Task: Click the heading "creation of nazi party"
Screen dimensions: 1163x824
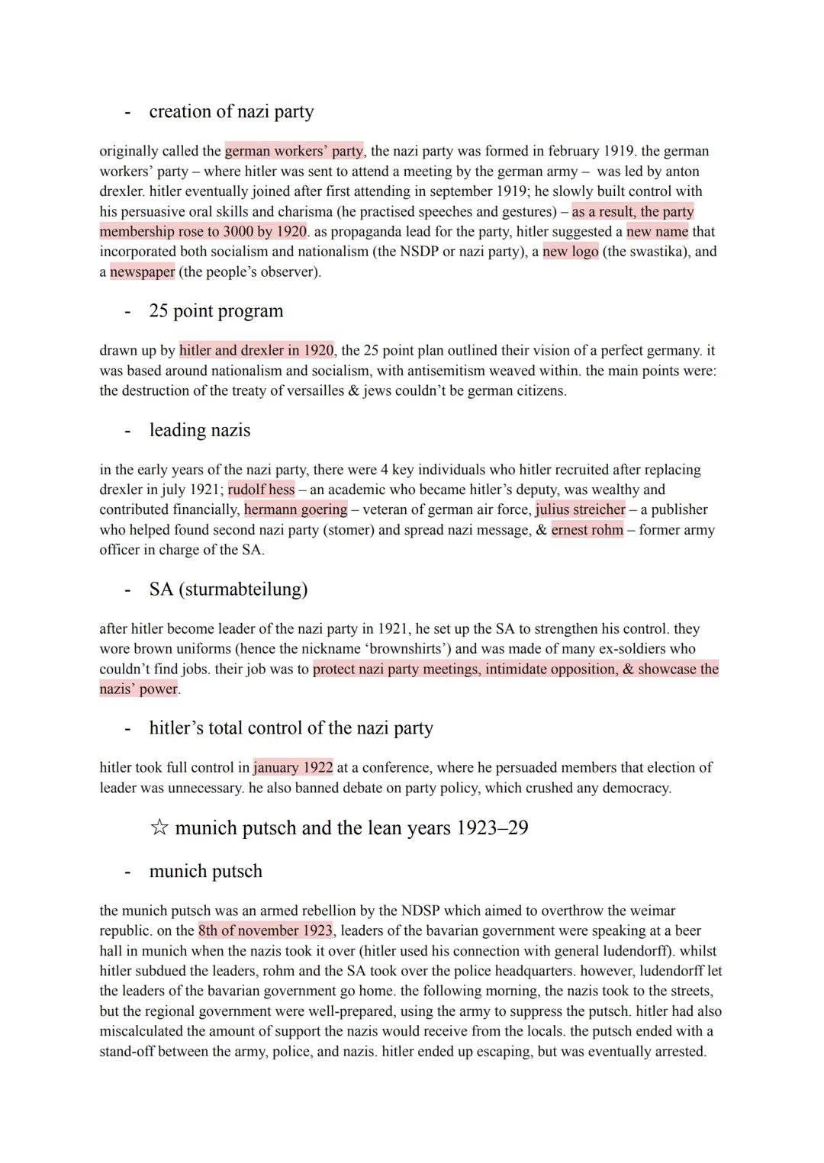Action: (231, 111)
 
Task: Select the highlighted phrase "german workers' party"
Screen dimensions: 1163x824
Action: (294, 151)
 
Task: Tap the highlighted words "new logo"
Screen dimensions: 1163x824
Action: (571, 252)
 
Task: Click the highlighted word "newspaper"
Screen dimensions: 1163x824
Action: (142, 271)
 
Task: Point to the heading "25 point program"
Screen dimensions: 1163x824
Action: (216, 310)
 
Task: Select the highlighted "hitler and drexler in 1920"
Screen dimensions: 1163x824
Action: (256, 350)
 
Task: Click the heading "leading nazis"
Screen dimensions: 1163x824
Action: (199, 430)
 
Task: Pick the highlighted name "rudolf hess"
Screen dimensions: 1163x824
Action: (261, 490)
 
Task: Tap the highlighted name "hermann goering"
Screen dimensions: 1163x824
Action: (295, 509)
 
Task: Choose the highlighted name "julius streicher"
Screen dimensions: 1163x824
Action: (580, 509)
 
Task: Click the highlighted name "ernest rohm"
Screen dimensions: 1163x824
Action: (587, 530)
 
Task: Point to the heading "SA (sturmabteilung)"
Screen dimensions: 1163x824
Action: (228, 590)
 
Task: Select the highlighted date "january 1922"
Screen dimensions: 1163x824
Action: (293, 767)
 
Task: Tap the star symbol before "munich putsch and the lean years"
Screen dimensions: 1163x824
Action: (159, 828)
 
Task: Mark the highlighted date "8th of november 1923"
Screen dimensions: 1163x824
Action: (265, 930)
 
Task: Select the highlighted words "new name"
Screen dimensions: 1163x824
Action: (657, 231)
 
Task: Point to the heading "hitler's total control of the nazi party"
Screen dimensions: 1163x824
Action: (291, 728)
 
